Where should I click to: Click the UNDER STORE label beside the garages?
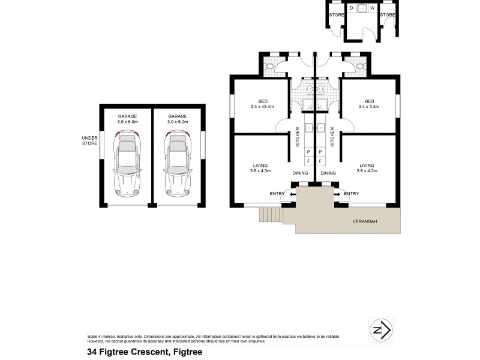point(89,140)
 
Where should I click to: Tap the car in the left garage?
point(127,163)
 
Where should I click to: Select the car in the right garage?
point(178,163)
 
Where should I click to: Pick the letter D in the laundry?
point(352,8)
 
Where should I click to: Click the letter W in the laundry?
point(372,8)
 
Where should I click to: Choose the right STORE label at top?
point(388,14)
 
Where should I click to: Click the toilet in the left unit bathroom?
point(271,66)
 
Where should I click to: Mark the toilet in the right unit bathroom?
point(361,66)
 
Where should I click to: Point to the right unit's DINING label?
point(328,173)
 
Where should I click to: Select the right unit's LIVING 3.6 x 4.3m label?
point(367,168)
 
